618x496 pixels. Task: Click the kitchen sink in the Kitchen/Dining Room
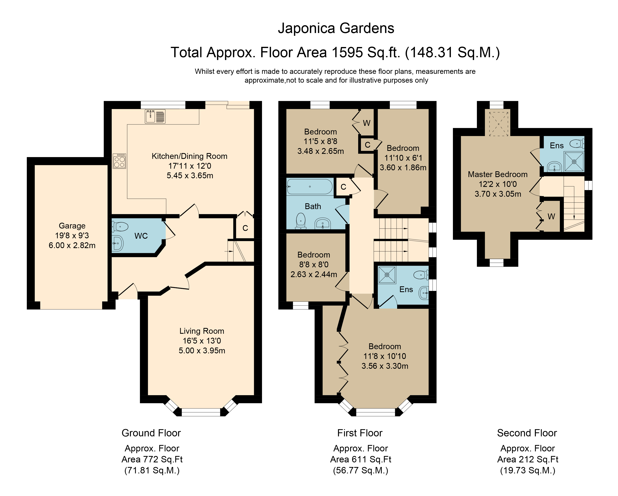coord(155,116)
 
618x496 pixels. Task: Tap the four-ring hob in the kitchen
coord(119,161)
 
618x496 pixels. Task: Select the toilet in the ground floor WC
coord(120,227)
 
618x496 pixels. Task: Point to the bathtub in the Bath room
coord(310,187)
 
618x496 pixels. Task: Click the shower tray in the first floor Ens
coord(387,275)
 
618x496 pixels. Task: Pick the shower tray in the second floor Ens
coord(574,161)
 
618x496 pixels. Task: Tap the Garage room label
coord(72,226)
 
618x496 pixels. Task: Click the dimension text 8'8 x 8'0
coord(314,265)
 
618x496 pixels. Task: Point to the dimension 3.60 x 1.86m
coord(403,167)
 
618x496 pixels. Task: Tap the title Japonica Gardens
coord(336,28)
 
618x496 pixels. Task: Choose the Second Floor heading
coord(527,433)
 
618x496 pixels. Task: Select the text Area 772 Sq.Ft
coord(152,459)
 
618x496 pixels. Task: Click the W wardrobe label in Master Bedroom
coord(551,217)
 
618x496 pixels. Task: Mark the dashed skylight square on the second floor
coord(499,124)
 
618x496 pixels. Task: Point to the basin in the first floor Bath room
coord(323,223)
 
